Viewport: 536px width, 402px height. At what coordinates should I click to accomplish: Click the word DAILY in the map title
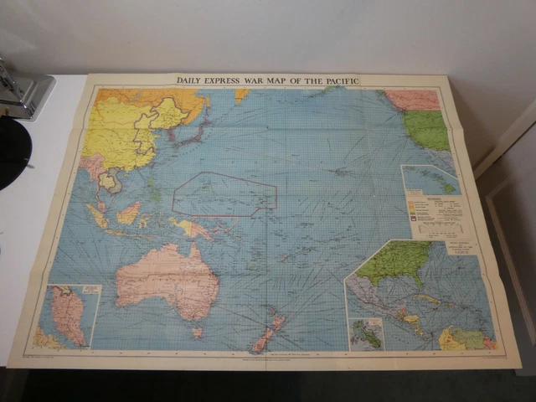pos(192,80)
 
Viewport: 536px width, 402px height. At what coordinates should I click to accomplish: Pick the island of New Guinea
pos(191,228)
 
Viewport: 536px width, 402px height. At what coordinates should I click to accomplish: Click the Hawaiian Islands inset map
pos(429,179)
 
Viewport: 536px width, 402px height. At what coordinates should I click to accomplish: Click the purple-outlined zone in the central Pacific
pos(224,194)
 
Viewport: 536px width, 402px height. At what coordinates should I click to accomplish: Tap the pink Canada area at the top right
pos(411,100)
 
